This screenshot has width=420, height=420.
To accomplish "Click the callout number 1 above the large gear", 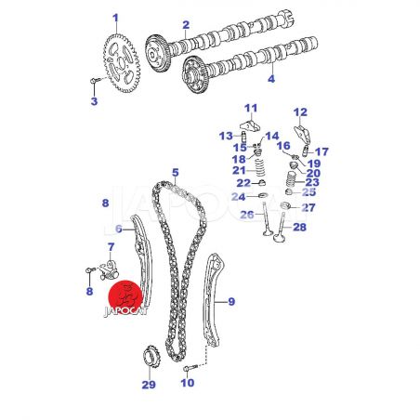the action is click(115, 19).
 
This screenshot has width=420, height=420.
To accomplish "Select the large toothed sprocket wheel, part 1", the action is click(122, 64).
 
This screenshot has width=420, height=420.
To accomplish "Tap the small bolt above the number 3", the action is click(96, 81).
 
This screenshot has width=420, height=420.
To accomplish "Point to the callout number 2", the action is click(186, 25).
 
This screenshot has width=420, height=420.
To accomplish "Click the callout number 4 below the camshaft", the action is click(271, 79).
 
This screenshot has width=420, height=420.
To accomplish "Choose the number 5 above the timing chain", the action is click(176, 173).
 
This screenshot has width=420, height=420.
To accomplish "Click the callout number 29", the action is click(149, 385).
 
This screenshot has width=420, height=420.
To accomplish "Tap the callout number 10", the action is click(188, 383).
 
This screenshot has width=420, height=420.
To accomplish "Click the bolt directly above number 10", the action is click(190, 368).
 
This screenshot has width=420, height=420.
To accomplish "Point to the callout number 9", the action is click(231, 301).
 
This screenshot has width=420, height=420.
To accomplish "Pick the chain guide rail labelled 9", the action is click(213, 300).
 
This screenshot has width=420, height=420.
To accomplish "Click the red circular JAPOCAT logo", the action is click(125, 296).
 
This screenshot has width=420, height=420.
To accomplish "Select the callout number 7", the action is click(111, 247).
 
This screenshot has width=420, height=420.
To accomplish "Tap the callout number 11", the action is click(251, 108).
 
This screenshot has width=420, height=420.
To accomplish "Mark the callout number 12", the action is click(300, 112).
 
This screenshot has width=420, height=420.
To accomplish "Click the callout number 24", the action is click(238, 197).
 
